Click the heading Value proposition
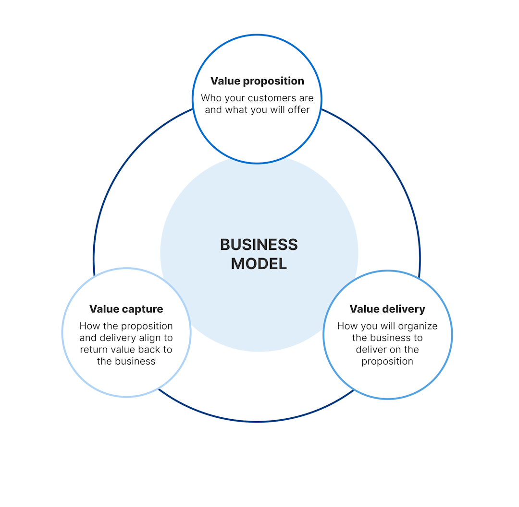tap(257, 81)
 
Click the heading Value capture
tap(126, 309)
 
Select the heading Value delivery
tap(387, 309)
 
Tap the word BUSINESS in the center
tap(259, 245)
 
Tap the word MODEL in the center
tap(259, 264)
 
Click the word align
tap(151, 338)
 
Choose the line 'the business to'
tap(387, 338)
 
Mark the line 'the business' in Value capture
tap(126, 361)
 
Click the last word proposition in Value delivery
tap(387, 361)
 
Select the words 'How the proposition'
tap(126, 327)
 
